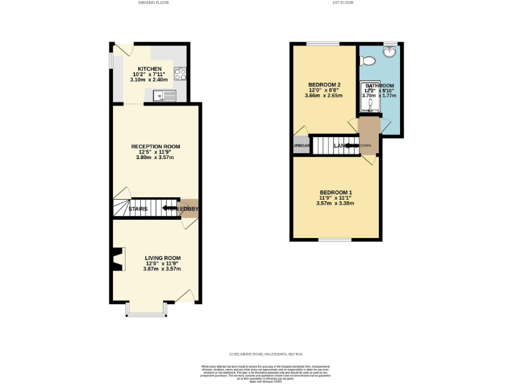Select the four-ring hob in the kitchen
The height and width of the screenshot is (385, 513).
(x=180, y=74)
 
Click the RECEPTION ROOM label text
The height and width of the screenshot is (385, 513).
(x=156, y=146)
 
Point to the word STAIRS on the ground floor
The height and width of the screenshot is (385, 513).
(x=138, y=209)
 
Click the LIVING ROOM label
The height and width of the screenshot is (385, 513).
(x=163, y=257)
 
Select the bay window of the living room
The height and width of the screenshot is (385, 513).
(x=146, y=310)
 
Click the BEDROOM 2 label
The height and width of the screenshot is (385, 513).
(x=325, y=84)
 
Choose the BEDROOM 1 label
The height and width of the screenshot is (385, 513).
(x=335, y=193)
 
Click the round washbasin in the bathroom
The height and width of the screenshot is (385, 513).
(x=390, y=51)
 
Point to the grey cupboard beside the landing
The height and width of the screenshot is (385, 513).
(x=300, y=146)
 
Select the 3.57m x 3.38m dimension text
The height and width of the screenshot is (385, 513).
(x=335, y=204)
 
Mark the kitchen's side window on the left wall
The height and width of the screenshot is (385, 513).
(x=112, y=59)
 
